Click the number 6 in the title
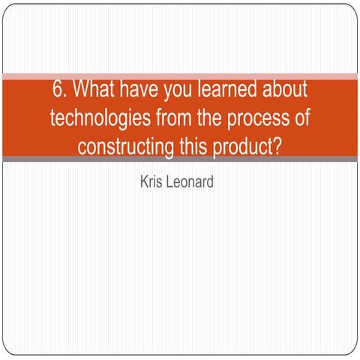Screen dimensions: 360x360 click(58, 90)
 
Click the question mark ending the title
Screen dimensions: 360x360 click(277, 144)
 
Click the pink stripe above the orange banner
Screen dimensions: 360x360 click(180, 76)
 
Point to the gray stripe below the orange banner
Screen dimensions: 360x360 click(180, 159)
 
